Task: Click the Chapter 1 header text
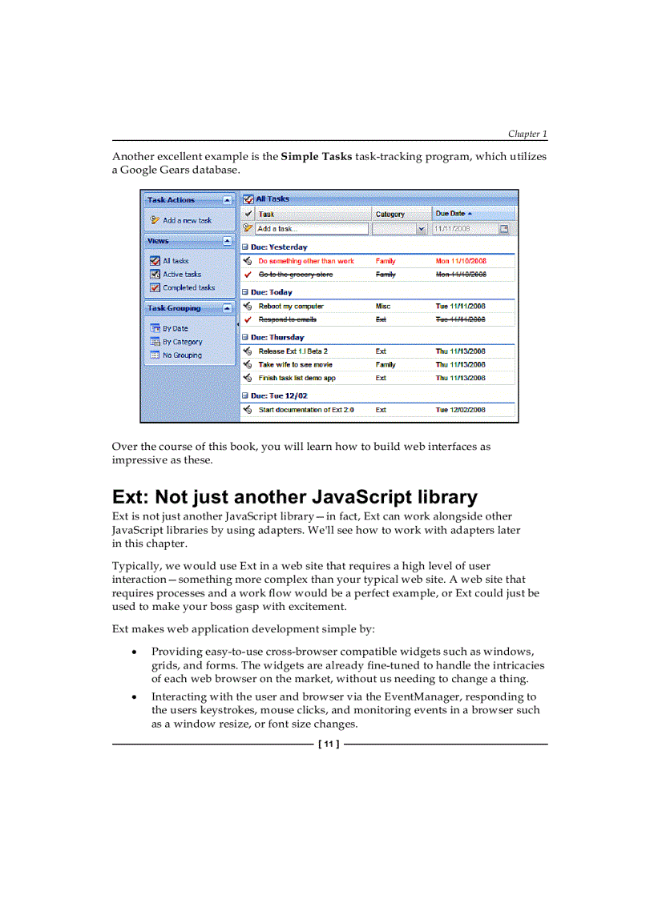point(527,134)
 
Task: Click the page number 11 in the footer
point(329,744)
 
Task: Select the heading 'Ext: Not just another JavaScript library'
point(294,497)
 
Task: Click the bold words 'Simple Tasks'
point(316,156)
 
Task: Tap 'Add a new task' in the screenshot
point(187,220)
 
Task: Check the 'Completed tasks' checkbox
point(155,288)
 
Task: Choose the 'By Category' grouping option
point(182,342)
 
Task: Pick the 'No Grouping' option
point(182,355)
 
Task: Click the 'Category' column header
point(390,214)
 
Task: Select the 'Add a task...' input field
point(312,229)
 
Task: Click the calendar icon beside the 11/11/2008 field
point(504,229)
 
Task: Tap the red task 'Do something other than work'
point(305,261)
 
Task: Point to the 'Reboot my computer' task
point(291,306)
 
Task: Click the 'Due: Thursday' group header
point(277,338)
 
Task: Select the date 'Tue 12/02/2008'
point(460,410)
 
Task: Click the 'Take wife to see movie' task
point(295,364)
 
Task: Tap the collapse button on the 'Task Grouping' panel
point(228,308)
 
